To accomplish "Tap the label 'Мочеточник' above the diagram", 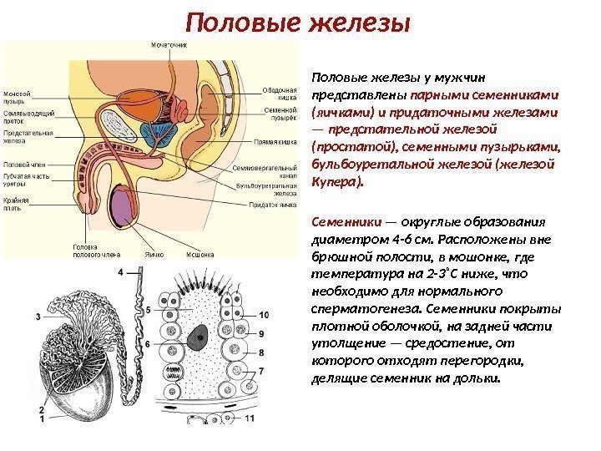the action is tap(168, 45).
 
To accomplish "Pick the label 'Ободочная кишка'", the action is tap(279, 94).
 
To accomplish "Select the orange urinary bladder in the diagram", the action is tap(151, 101).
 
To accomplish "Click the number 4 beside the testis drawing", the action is tap(121, 272).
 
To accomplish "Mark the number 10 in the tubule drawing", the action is tap(264, 315).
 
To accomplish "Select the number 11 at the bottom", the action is tap(250, 418).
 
